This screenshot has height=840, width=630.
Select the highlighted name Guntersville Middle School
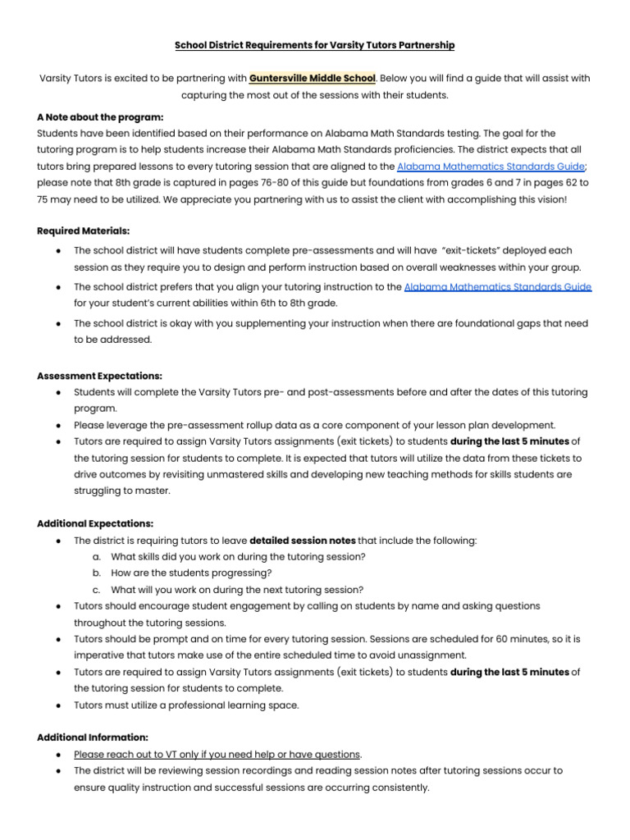(313, 78)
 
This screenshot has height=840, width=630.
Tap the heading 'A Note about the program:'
(100, 116)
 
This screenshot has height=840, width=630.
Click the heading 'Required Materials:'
(84, 231)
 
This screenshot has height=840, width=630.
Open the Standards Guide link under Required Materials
(498, 286)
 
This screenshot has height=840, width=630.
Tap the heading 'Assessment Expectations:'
(100, 375)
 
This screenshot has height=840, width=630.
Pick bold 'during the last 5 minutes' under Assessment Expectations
(510, 441)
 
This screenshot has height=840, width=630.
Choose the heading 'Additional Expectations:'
(95, 523)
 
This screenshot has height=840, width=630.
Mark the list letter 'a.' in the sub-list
(97, 556)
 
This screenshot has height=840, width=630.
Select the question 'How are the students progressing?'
(191, 573)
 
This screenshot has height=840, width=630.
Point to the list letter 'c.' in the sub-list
(97, 589)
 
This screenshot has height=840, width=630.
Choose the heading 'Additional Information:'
(93, 737)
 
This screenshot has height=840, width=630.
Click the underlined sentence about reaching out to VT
(217, 754)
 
